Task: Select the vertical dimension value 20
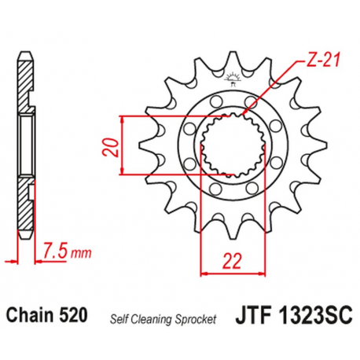point(112,147)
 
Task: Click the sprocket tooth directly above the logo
point(233,58)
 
